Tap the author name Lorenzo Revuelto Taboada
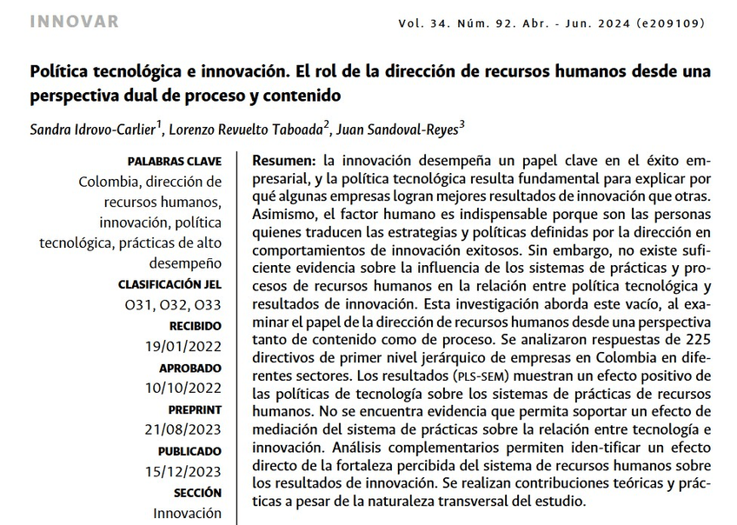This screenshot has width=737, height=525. pos(247,130)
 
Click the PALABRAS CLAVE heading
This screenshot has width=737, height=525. pos(174,162)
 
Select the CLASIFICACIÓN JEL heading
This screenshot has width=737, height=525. pos(169,284)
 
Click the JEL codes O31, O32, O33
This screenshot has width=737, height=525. pos(173,304)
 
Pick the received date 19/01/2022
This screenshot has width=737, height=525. pos(183,346)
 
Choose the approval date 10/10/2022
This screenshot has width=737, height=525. pos(183,388)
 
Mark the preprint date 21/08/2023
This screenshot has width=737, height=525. pos(183,429)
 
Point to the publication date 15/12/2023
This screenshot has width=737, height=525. pos(183,471)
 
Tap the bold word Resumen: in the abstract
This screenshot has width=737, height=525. pos(283,162)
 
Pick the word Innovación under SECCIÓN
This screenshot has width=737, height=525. pos(187,513)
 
